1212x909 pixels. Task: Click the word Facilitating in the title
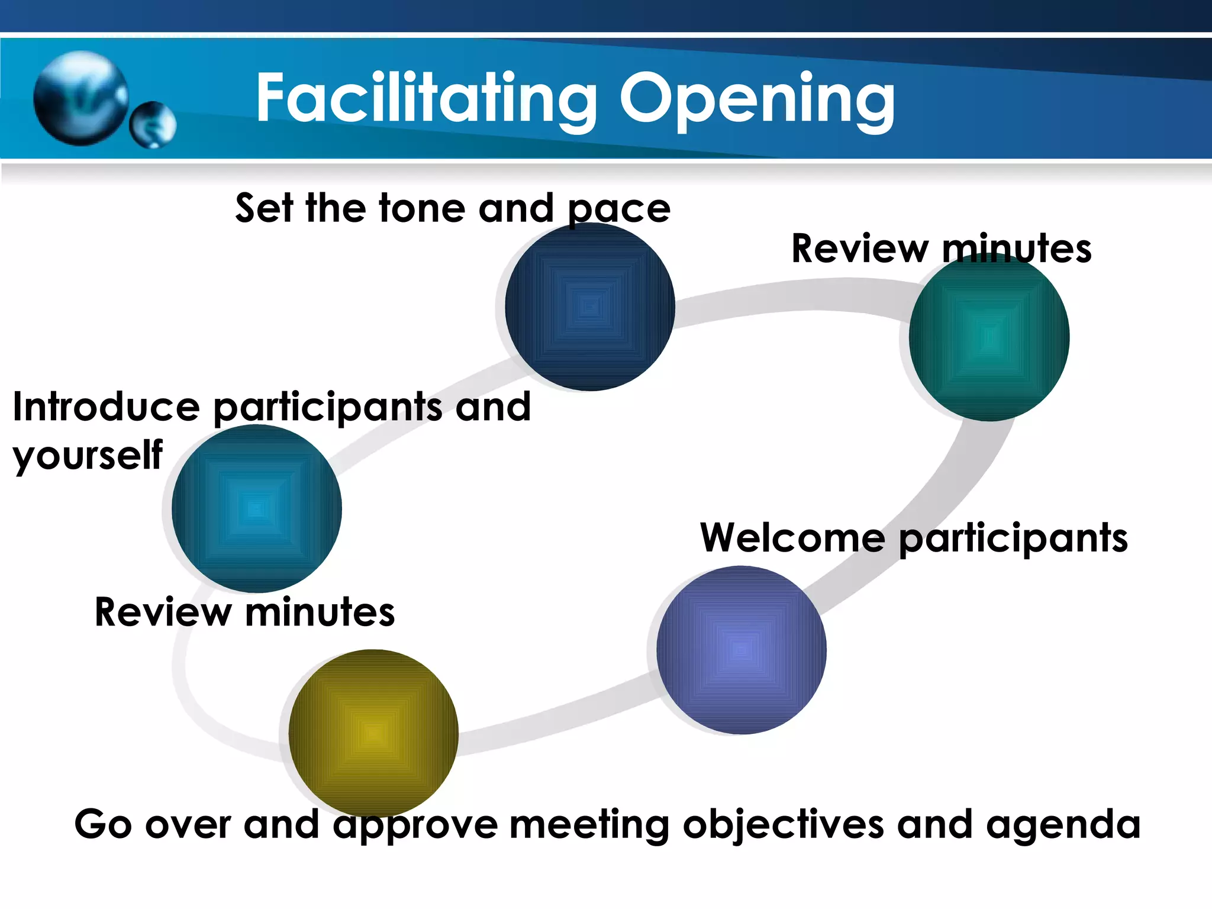[x=426, y=98]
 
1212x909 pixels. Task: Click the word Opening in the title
[x=757, y=98]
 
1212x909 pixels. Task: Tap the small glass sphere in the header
[x=153, y=124]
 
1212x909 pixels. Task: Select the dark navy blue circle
[x=589, y=307]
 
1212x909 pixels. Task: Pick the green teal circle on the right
[x=989, y=337]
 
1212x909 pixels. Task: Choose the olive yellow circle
[x=373, y=733]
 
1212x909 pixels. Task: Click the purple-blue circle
[x=741, y=650]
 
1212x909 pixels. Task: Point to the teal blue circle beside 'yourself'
[x=256, y=508]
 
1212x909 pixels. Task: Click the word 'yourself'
[x=88, y=456]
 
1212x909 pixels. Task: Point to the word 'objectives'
[x=783, y=825]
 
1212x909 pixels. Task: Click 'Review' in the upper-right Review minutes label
[x=860, y=249]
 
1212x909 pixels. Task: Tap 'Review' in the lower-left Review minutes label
[x=163, y=612]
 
